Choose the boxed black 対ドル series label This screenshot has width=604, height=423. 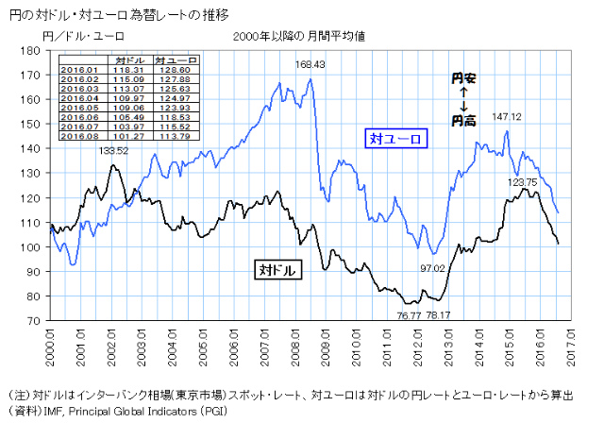[x=277, y=269]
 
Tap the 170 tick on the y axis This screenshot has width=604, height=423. [x=34, y=75]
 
